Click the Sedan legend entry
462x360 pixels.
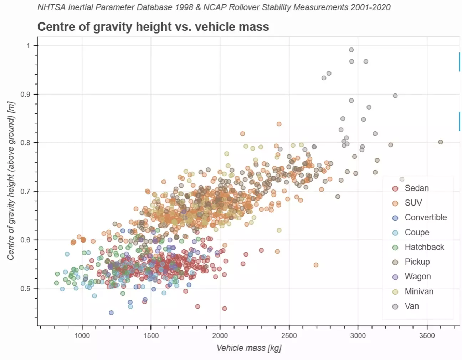pyautogui.click(x=416, y=188)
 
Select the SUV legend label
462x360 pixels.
pyautogui.click(x=413, y=203)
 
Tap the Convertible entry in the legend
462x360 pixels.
pyautogui.click(x=425, y=217)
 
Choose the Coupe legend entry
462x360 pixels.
pyautogui.click(x=417, y=232)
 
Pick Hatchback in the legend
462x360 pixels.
pyautogui.click(x=424, y=247)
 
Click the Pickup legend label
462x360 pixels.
pyautogui.click(x=417, y=262)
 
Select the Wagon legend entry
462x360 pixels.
pyautogui.click(x=417, y=277)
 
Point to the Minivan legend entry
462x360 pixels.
pyautogui.click(x=419, y=291)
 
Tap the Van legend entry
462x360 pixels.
pyautogui.click(x=412, y=306)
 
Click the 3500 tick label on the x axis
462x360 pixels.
pyautogui.click(x=427, y=335)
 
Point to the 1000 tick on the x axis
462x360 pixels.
pyautogui.click(x=82, y=335)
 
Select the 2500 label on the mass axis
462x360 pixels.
pyautogui.click(x=289, y=335)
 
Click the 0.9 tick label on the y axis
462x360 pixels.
pyautogui.click(x=25, y=94)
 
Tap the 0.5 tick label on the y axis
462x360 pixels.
pyautogui.click(x=25, y=288)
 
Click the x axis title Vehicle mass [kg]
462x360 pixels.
pyautogui.click(x=249, y=348)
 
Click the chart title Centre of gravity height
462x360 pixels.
pyautogui.click(x=153, y=27)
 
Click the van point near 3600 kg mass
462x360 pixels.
pyautogui.click(x=441, y=142)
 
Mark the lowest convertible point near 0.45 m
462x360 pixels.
pyautogui.click(x=111, y=313)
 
